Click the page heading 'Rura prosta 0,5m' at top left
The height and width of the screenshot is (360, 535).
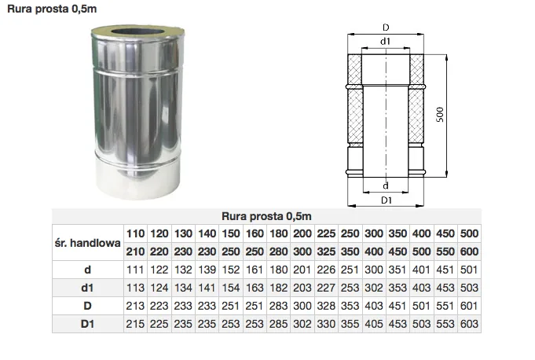pos(52,9)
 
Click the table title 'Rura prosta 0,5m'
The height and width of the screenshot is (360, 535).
pos(266,216)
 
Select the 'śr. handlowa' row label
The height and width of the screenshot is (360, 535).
pos(88,243)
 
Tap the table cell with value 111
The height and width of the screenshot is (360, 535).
pos(135,270)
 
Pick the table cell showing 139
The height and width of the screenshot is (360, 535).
pos(207,270)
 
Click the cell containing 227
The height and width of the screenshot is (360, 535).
pos(326,288)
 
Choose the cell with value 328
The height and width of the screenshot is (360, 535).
pos(326,306)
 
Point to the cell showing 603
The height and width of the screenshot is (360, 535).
pos(469,324)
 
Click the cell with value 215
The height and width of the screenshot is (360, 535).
pos(135,324)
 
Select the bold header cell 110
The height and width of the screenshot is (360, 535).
pos(135,233)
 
